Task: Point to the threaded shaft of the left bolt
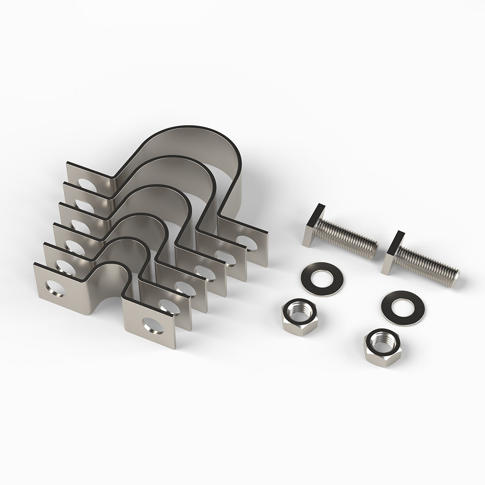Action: coord(349,236)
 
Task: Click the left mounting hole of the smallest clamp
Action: coord(51,287)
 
